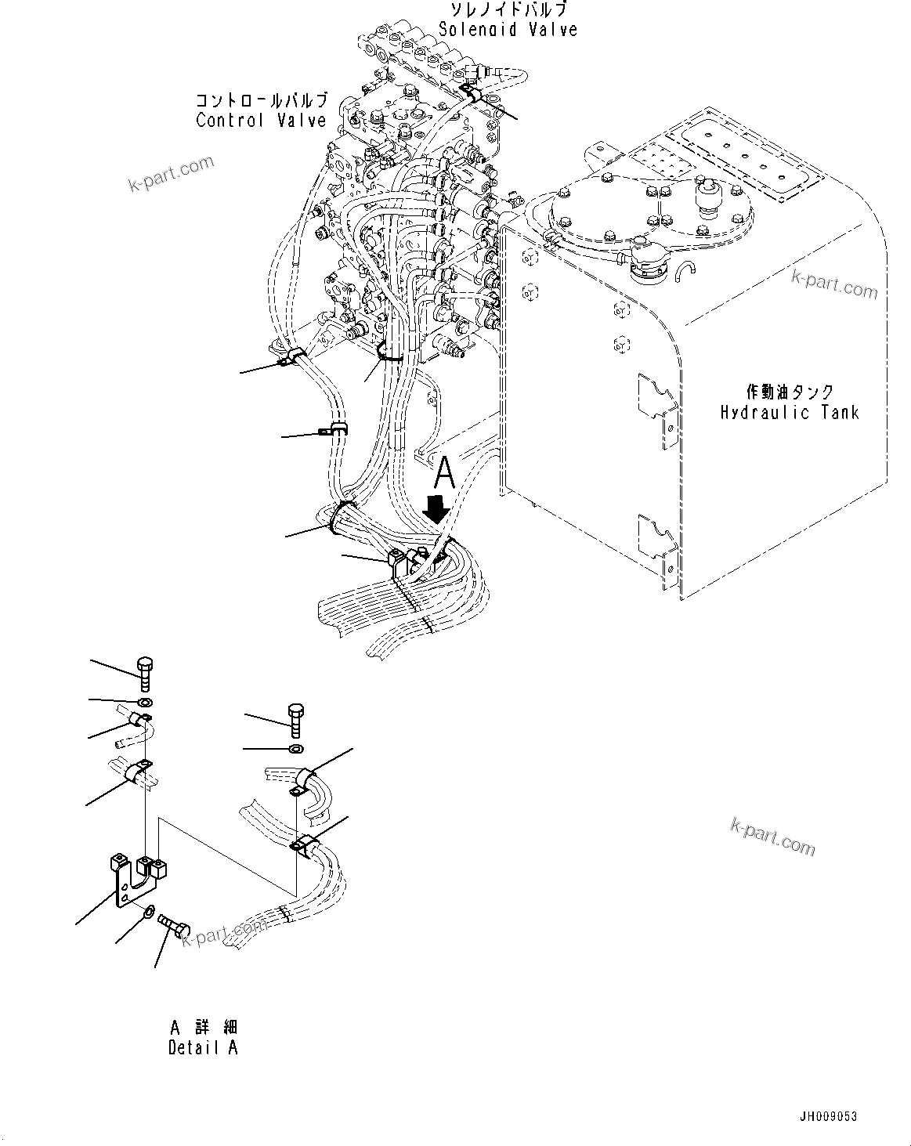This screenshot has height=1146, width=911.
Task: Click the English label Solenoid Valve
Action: [508, 30]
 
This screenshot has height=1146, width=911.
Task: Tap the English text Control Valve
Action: [261, 121]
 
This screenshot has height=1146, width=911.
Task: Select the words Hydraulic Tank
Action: [789, 412]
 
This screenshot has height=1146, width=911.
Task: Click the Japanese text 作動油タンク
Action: [789, 392]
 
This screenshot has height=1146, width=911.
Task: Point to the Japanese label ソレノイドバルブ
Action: [508, 10]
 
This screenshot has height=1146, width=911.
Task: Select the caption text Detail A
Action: [203, 1047]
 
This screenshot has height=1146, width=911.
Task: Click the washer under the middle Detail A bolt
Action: [296, 750]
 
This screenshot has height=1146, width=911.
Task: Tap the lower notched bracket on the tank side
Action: [656, 540]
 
